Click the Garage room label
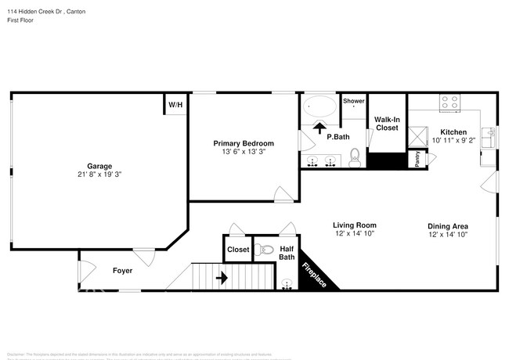click(x=99, y=166)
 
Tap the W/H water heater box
click(x=174, y=104)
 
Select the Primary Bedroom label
click(x=244, y=143)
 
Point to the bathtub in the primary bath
click(x=319, y=106)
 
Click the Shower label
click(x=353, y=101)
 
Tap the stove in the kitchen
click(x=449, y=102)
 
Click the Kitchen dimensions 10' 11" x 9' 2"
click(x=453, y=141)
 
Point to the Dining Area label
click(x=448, y=225)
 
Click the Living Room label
click(x=355, y=225)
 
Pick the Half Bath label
click(x=287, y=252)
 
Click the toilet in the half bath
click(x=265, y=250)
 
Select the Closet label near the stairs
click(x=238, y=250)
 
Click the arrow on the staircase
click(x=222, y=276)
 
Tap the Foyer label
click(x=121, y=271)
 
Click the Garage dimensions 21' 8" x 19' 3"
click(x=99, y=175)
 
